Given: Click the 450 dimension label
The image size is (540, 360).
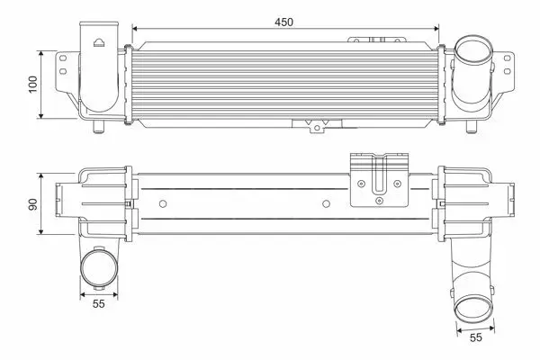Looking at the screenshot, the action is point(283,22).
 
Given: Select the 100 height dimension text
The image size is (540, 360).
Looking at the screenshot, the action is point(33,84).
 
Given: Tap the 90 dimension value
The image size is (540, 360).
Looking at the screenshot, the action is point(33,204).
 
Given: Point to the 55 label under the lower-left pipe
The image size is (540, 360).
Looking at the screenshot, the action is point(98,304).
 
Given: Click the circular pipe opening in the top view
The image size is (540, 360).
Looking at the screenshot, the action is point(473,49).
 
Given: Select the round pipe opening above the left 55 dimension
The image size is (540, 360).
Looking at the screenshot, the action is point(98,268).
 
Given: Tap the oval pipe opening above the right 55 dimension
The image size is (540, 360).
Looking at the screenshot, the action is point(473,310).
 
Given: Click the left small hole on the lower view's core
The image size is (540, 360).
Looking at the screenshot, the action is point(163,204).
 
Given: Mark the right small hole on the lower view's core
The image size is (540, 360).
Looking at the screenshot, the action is point(326,204).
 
